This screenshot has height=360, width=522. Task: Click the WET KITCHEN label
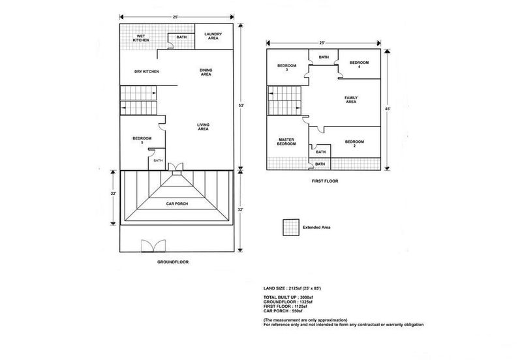tap(141, 38)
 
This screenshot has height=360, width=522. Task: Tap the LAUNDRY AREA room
tap(214, 37)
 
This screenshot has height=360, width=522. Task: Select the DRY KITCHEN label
tap(146, 72)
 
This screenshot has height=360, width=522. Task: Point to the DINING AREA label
tap(206, 72)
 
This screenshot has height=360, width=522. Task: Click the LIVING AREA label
tap(203, 127)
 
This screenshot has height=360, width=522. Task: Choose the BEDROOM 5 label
tap(142, 140)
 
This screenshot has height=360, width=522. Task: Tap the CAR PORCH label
tap(177, 203)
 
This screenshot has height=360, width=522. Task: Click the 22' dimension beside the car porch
tap(113, 193)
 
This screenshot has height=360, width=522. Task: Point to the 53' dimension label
tap(241, 106)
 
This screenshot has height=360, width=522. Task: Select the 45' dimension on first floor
tap(388, 109)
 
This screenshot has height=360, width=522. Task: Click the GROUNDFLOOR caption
tap(173, 262)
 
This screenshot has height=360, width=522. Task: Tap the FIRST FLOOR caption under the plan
tap(325, 181)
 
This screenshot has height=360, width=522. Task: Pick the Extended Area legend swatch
tap(291, 228)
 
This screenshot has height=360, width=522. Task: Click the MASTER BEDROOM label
tap(286, 142)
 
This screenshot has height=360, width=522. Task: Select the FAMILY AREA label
tap(351, 100)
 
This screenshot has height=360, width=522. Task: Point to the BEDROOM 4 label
tap(360, 65)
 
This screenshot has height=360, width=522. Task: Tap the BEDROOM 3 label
tap(286, 68)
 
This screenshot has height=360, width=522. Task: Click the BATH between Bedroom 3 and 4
tap(324, 57)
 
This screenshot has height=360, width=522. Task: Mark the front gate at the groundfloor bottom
tap(153, 247)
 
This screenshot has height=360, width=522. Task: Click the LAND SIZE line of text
tap(292, 288)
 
